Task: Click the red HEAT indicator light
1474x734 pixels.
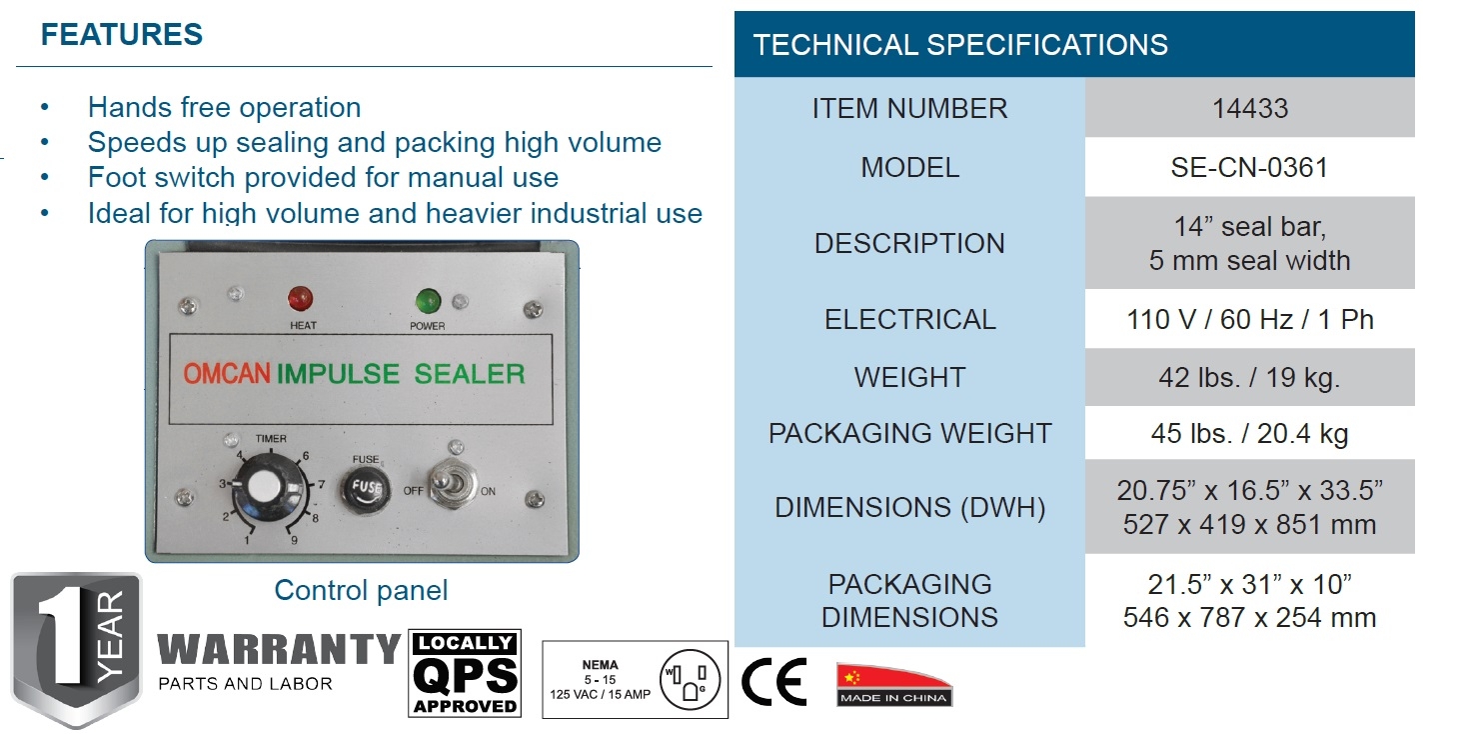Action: pos(299,298)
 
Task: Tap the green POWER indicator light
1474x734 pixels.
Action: pos(428,299)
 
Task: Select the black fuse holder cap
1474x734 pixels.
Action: pos(363,489)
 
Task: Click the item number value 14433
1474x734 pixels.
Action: pos(1249,108)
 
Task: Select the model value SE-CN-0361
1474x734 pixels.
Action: pos(1249,167)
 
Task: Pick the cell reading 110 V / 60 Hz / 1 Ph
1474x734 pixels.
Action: pos(1249,320)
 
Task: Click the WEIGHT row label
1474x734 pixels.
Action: pos(909,378)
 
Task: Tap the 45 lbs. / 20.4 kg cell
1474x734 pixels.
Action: pos(1249,434)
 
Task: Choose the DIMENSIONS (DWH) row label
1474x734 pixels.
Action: pos(909,508)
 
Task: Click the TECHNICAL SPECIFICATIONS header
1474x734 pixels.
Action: pos(960,45)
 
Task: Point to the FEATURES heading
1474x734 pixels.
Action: pos(122,35)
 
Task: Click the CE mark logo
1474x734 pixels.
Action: pos(774,684)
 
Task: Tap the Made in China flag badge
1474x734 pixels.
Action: pos(893,684)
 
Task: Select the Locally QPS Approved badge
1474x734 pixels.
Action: pos(465,674)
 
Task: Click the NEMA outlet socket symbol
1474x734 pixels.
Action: pos(690,680)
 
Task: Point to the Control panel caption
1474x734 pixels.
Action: pos(361,590)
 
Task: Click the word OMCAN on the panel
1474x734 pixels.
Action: pos(227,375)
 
